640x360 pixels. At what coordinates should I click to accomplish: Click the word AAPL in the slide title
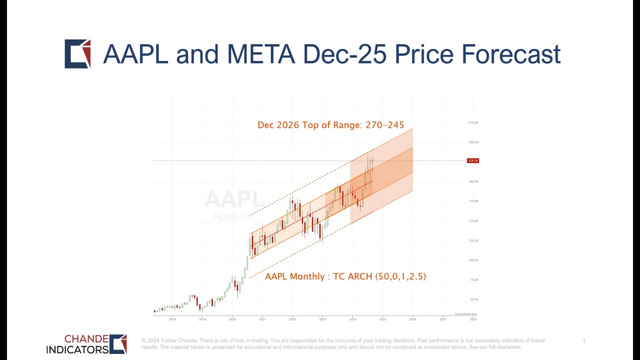point(135,54)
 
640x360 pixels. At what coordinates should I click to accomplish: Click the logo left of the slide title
point(77,53)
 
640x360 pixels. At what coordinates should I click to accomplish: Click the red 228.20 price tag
point(472,160)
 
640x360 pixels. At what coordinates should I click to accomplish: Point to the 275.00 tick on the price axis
point(472,122)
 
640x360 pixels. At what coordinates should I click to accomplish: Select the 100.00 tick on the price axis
point(472,260)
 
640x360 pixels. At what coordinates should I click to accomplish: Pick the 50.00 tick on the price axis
point(472,299)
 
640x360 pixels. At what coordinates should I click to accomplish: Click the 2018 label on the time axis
point(172,319)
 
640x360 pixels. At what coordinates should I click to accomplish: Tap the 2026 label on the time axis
point(412,319)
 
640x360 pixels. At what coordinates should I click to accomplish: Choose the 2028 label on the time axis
point(472,319)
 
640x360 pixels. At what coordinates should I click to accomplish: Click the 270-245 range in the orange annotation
point(384,125)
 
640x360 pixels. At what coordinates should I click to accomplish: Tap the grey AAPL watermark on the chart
point(234,199)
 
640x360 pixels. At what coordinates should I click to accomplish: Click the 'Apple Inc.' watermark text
point(234,216)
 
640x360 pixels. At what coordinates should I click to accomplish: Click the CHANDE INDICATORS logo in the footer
point(86,344)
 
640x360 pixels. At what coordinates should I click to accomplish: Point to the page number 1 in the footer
point(584,341)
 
